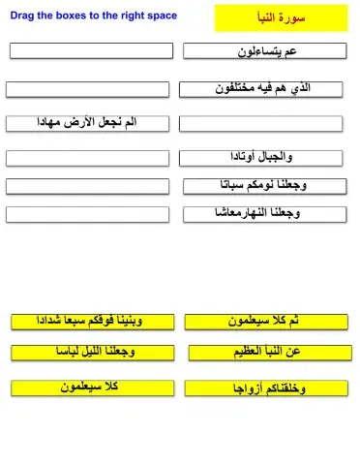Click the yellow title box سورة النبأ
click(x=280, y=17)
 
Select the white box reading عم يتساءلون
click(x=264, y=51)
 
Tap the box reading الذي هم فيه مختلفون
click(x=262, y=89)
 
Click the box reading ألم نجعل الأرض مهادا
click(x=87, y=123)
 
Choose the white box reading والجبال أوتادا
click(x=262, y=157)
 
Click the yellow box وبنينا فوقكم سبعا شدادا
click(x=92, y=321)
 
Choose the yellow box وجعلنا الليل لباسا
click(x=92, y=353)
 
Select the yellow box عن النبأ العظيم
click(x=268, y=353)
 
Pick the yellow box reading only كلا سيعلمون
click(x=92, y=387)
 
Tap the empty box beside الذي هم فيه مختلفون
click(x=87, y=89)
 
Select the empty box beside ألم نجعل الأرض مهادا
click(x=262, y=123)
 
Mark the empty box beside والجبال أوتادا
click(x=87, y=157)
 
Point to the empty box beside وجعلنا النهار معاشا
click(x=87, y=214)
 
